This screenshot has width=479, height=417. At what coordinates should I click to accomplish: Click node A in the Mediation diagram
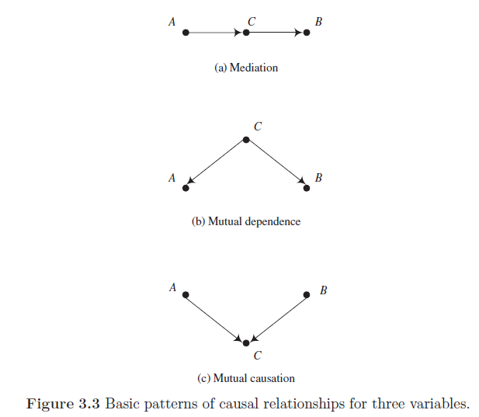186,33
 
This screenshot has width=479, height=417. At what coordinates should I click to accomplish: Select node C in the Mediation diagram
246,33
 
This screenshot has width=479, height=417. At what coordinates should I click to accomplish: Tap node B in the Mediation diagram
307,33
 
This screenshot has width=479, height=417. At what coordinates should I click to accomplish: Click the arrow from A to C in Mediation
215,33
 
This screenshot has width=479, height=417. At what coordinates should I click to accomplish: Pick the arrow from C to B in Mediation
276,33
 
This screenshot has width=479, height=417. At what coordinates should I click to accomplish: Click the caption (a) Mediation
245,68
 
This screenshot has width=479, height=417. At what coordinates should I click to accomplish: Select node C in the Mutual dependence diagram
246,140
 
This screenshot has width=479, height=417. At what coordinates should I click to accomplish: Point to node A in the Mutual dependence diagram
186,187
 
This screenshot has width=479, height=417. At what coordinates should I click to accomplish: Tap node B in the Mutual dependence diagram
307,187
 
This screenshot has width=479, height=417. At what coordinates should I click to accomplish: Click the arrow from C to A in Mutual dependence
216,163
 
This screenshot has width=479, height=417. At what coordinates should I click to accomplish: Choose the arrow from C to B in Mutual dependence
276,163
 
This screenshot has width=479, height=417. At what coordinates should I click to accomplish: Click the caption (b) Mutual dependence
245,221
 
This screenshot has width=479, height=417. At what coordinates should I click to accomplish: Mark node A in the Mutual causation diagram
186,294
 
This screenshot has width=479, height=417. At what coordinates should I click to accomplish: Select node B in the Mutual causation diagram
307,294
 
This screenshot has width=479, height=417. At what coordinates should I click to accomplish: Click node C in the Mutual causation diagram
246,342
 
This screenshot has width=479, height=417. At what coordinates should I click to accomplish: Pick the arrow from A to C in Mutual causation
215,318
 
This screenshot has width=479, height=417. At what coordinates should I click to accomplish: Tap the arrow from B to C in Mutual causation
277,318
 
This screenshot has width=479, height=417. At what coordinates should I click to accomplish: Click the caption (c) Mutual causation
245,378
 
